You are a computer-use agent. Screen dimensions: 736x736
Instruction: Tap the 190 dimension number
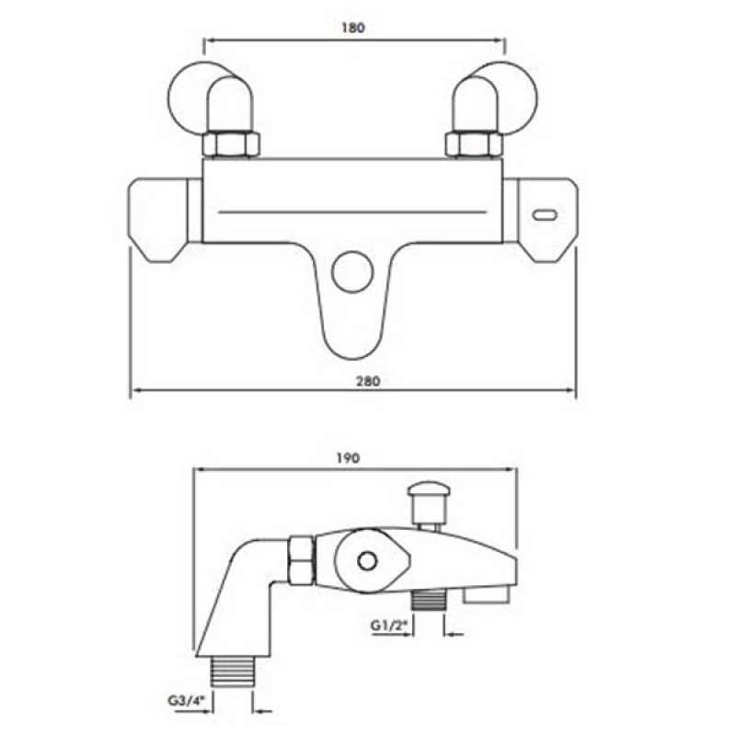point(348,457)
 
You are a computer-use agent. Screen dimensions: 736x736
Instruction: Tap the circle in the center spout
point(352,270)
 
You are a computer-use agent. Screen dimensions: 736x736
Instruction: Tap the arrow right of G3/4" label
point(264,709)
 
